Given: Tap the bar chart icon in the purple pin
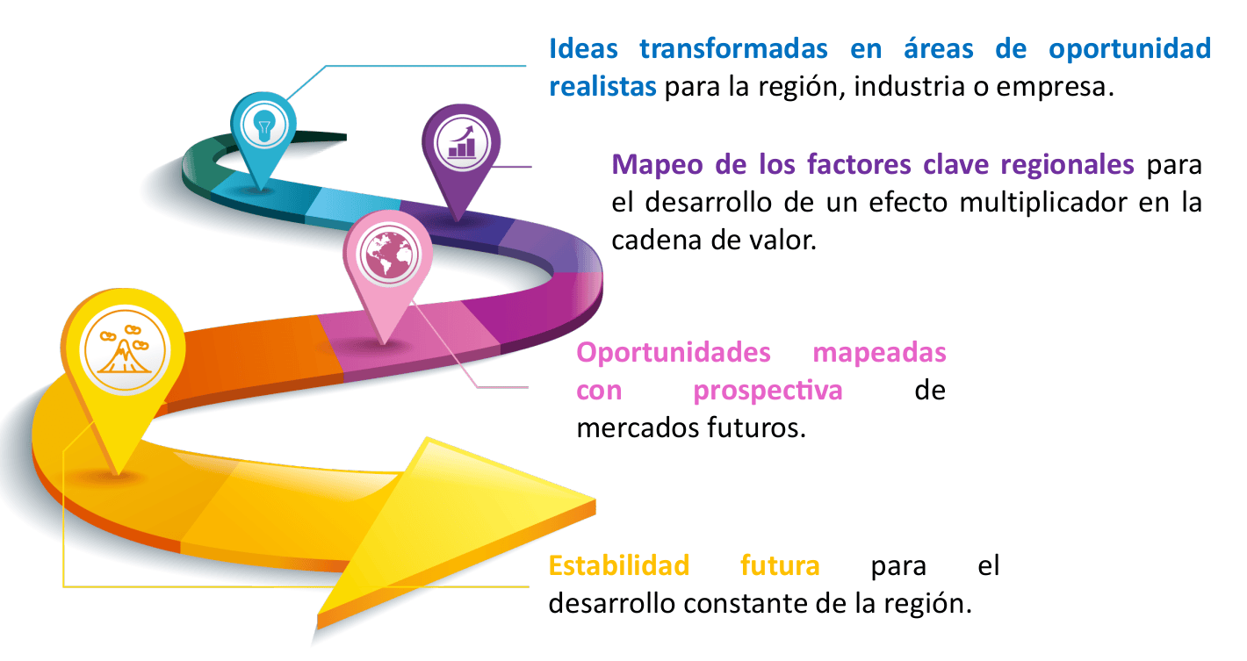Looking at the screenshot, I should point(461,141).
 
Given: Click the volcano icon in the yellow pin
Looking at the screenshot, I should point(123,349).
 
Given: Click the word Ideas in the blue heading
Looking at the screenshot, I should point(583,48).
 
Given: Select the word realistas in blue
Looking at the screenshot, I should point(602,88).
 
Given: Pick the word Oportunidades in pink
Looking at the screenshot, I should point(674,353).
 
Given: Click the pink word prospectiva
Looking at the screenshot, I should point(768,391).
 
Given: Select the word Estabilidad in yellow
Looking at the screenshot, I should point(619,566).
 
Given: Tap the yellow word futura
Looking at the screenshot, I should point(780,566).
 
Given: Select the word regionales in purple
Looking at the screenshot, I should point(1061,164).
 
